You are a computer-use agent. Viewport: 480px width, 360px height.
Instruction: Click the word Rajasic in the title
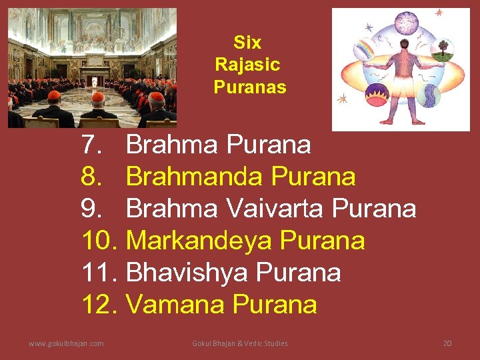(247, 65)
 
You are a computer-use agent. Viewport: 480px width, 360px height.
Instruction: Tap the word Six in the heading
(247, 43)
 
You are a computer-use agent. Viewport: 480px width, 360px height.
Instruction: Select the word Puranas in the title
(250, 87)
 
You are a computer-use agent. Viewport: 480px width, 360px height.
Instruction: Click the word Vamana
(175, 305)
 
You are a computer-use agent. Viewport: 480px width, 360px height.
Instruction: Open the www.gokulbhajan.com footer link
(66, 343)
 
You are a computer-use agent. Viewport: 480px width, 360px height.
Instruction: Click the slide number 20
(447, 343)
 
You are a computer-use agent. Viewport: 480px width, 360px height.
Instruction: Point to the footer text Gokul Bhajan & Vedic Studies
(240, 343)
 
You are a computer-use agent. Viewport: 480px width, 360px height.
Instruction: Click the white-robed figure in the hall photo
(94, 81)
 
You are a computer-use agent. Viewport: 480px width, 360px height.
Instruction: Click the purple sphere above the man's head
(406, 23)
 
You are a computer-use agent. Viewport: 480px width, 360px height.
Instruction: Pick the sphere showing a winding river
(429, 95)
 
